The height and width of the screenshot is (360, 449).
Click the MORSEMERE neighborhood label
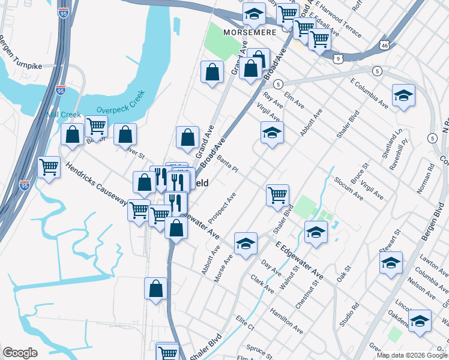click(x=249, y=31)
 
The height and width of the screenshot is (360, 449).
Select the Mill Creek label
click(x=59, y=114)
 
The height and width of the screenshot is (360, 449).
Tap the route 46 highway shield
click(x=385, y=46)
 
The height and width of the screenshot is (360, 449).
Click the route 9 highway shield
click(x=339, y=58)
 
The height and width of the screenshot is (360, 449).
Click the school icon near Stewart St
click(x=391, y=262)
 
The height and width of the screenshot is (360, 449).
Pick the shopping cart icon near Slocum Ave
click(x=277, y=194)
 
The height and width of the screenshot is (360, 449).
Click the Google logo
click(x=20, y=353)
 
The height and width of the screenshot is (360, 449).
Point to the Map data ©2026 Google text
click(x=412, y=355)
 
